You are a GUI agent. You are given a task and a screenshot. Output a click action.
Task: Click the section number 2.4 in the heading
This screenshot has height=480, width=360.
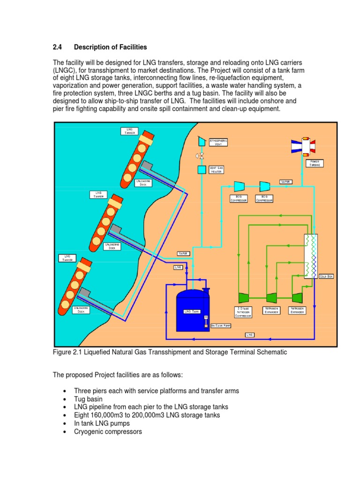[57, 47]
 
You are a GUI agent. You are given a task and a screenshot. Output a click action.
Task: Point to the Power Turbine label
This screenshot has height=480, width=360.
[315, 164]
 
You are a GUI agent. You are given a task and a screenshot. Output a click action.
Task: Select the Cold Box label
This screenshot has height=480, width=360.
[326, 277]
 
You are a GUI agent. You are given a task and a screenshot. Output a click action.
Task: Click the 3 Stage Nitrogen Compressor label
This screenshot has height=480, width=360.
[243, 312]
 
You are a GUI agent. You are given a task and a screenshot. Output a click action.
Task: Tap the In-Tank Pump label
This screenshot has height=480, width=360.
[220, 325]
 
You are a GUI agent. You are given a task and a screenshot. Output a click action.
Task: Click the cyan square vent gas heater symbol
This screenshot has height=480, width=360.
[202, 170]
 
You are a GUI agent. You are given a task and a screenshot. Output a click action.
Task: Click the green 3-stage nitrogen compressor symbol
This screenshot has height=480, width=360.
[244, 298]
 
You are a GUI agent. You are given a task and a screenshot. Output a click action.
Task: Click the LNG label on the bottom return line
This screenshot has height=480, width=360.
[249, 335]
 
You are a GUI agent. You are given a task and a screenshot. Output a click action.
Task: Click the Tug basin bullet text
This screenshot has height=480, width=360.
[88, 398]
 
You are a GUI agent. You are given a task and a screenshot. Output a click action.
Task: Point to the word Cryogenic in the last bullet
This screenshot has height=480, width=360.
[90, 431]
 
